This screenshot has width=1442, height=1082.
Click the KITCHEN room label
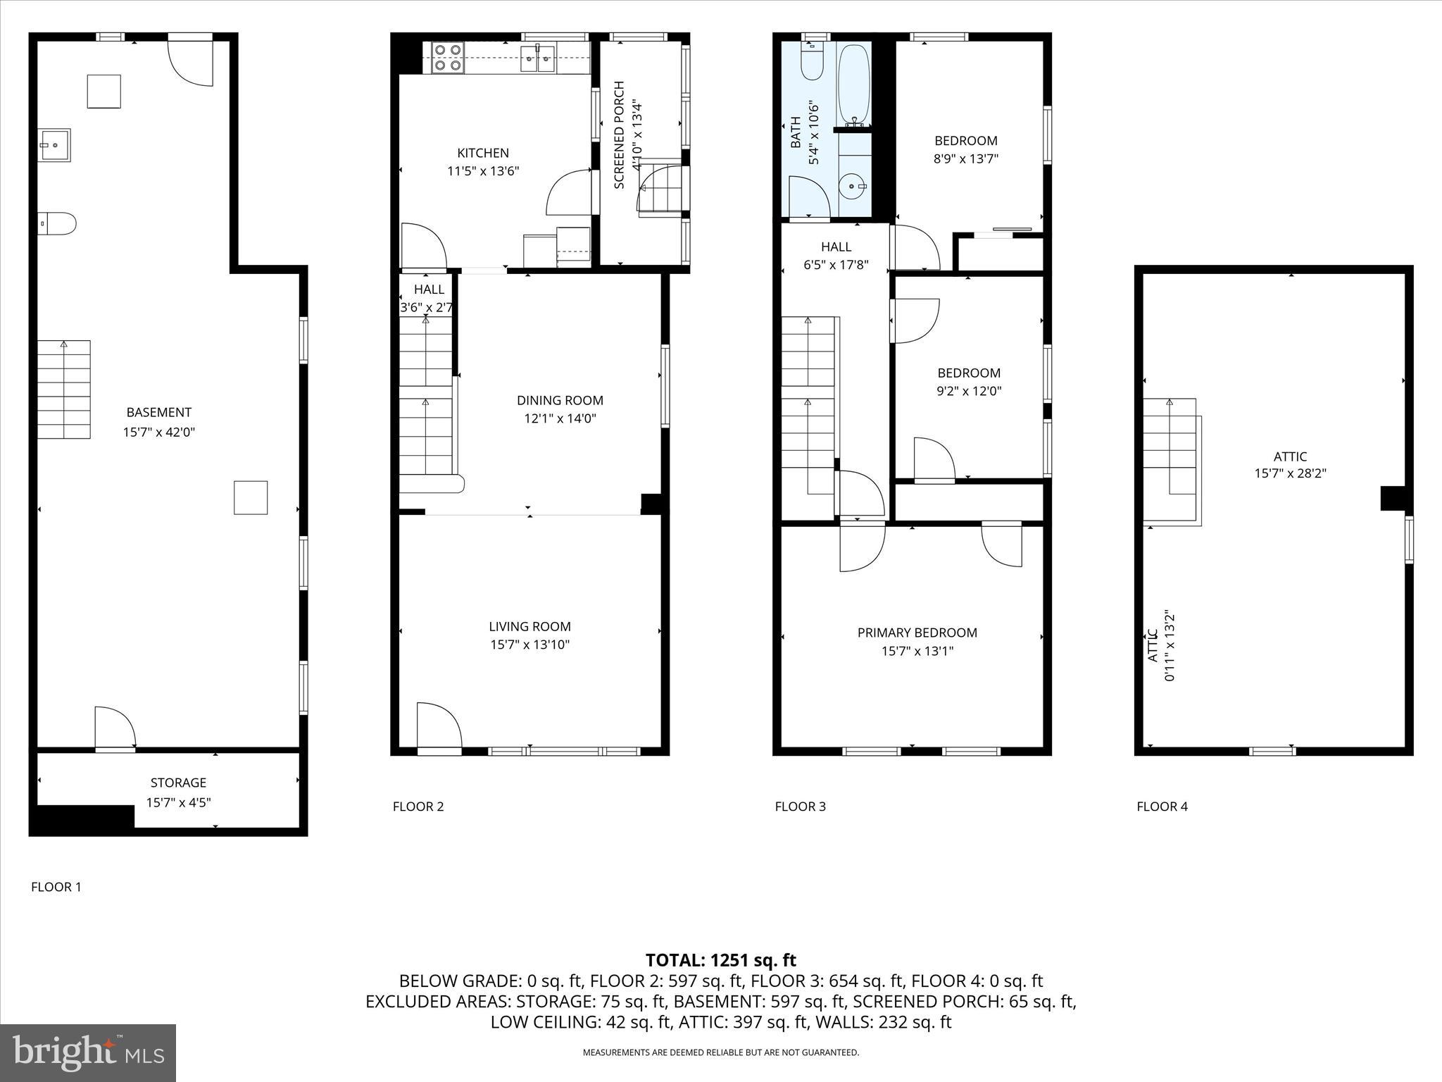point(483,153)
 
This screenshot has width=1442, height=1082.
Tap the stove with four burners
point(448,58)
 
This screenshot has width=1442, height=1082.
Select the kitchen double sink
point(538,58)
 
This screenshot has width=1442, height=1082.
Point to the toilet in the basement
point(58,224)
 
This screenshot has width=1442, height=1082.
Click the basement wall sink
point(54,145)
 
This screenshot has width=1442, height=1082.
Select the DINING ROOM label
point(560,400)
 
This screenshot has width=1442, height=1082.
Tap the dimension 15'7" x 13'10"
point(529,645)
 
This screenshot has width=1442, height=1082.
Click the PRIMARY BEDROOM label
point(917,633)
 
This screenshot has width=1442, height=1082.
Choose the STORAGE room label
point(178,783)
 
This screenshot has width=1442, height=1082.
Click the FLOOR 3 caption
point(800,807)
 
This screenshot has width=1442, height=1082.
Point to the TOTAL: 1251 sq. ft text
point(720,960)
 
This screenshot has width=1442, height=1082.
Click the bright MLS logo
point(88,1052)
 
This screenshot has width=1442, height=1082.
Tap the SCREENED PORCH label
point(620,135)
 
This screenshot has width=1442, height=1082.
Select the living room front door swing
point(438,726)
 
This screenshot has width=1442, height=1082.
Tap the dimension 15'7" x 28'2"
point(1290,474)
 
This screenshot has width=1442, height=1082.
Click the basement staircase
point(64,390)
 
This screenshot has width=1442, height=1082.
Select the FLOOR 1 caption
point(56,887)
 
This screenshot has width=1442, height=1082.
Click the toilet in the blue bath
point(813,62)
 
